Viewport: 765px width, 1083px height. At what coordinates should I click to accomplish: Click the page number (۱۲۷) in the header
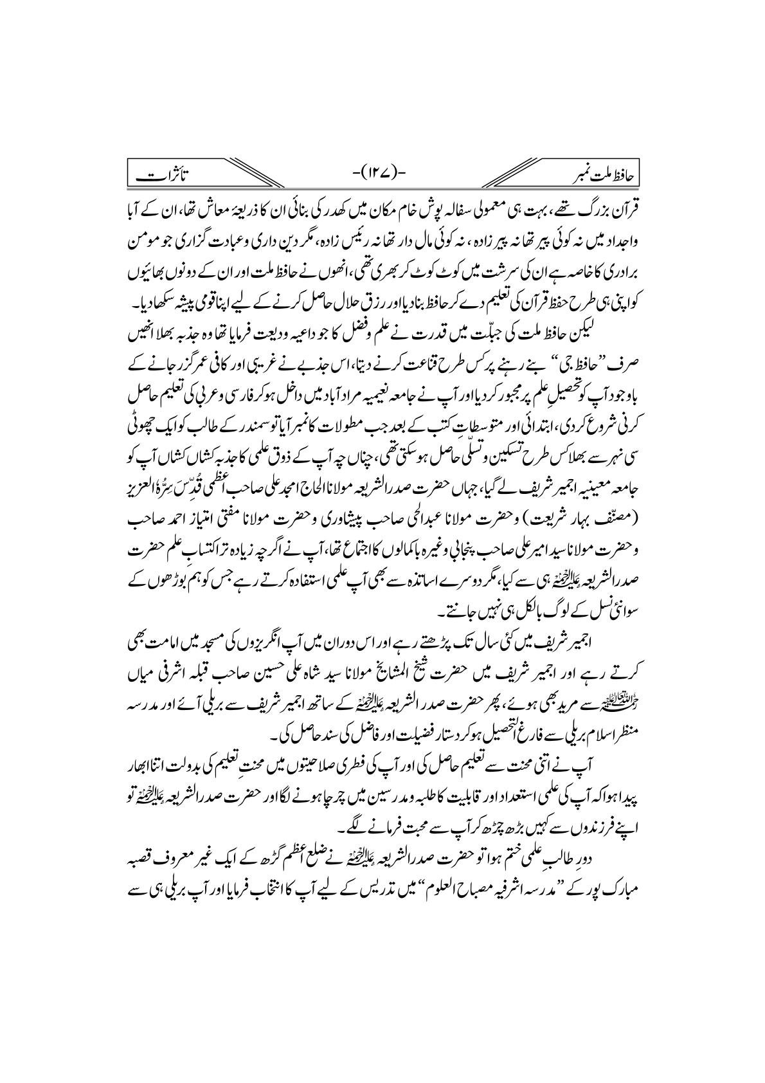click(382, 172)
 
